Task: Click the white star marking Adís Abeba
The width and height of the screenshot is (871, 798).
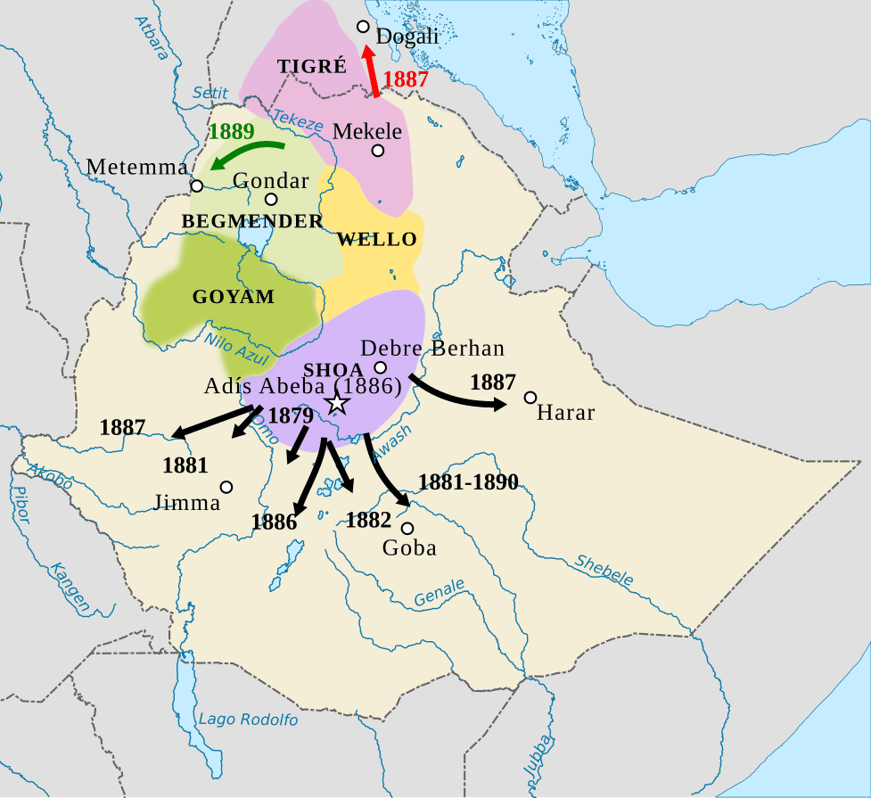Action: pos(336,403)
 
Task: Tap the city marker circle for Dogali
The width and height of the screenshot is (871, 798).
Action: pos(363,27)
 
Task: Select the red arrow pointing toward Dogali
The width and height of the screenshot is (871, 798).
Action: pos(370,70)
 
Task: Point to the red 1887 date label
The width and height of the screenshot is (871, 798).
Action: pos(406,78)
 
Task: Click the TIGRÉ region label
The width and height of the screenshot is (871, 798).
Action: pos(311,67)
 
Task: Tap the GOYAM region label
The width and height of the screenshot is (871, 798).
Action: pos(234,297)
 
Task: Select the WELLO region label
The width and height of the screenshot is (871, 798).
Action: pos(377,239)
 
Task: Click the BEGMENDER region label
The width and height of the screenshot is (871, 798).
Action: pos(252,221)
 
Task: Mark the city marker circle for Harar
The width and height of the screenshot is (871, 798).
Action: pos(530,397)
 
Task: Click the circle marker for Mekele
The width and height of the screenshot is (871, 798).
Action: pos(378,151)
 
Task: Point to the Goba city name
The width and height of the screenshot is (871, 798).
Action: pos(409,547)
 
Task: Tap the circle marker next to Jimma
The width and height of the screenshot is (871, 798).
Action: pos(226,487)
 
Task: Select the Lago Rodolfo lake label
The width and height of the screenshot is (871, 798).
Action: pos(248,720)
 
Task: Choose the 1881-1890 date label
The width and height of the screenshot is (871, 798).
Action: pos(468,482)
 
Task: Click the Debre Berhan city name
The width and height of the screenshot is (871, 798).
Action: pos(432,348)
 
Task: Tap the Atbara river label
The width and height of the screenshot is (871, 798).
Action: pos(153,37)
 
